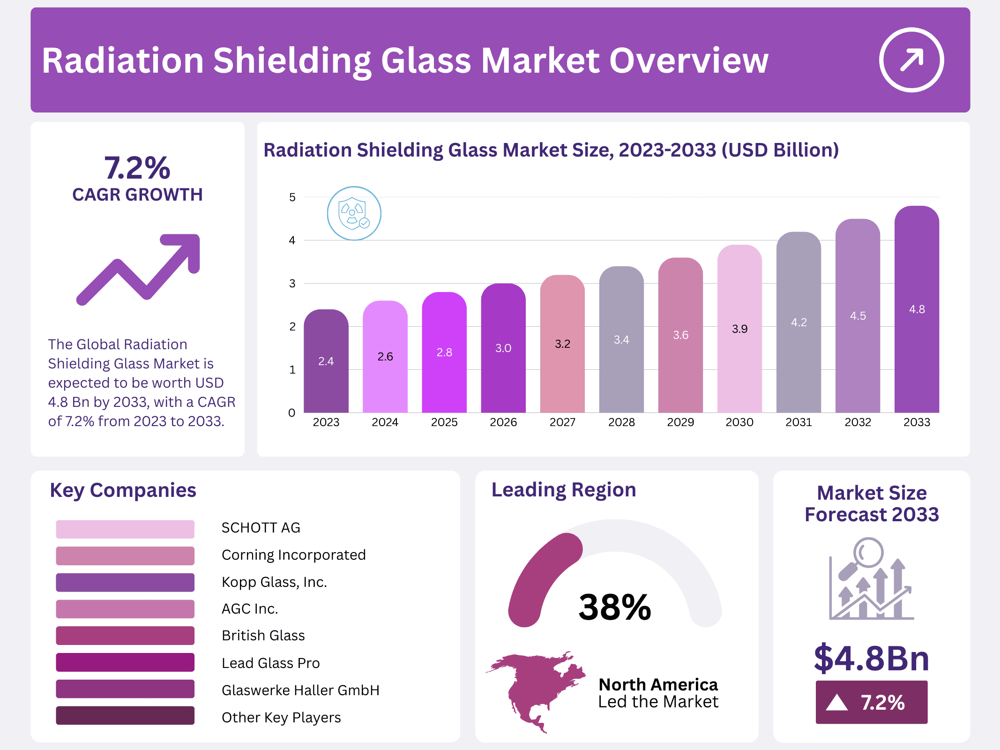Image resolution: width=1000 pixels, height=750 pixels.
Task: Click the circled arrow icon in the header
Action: click(911, 60)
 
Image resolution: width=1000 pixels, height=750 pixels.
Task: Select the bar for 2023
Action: click(326, 361)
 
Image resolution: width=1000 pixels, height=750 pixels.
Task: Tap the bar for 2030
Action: click(739, 328)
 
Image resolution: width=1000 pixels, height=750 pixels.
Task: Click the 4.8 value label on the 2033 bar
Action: click(917, 309)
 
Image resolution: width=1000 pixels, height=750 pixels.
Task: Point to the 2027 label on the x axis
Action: click(562, 422)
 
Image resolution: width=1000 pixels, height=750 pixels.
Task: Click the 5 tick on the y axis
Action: click(292, 197)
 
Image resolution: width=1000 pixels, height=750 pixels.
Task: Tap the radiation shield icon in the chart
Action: click(354, 213)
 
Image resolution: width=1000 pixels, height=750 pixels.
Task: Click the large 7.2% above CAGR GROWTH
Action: click(137, 168)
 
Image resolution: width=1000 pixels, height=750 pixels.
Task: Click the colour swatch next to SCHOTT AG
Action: click(125, 529)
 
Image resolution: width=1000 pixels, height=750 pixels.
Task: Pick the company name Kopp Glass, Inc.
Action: click(274, 582)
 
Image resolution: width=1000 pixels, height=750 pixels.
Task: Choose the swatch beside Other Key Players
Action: click(125, 715)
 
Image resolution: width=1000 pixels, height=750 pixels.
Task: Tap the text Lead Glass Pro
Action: click(270, 663)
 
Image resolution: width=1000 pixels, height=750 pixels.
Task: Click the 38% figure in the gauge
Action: click(614, 607)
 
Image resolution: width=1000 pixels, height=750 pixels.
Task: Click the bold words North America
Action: click(658, 685)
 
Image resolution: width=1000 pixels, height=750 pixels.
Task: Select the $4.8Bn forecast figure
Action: click(871, 659)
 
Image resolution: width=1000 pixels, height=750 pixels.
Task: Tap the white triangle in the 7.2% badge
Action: click(837, 703)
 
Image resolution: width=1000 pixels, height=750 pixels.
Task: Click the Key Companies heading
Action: click(123, 490)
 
